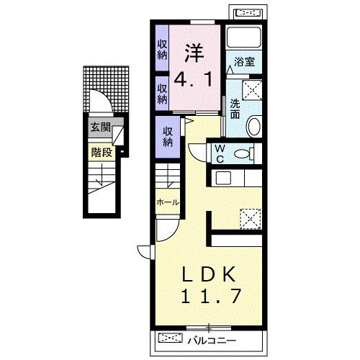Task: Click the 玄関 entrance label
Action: click(100, 127)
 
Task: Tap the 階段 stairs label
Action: click(102, 152)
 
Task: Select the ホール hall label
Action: click(168, 202)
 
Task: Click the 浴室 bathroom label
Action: click(244, 62)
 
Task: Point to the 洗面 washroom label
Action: click(235, 109)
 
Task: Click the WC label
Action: click(220, 154)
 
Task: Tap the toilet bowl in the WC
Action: click(244, 153)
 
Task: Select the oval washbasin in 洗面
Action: click(254, 126)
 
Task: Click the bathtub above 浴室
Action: click(244, 37)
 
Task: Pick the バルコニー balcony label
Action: click(212, 341)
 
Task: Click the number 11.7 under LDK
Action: click(211, 296)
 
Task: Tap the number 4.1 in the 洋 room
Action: click(193, 80)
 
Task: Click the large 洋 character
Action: click(194, 53)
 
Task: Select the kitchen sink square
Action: click(223, 178)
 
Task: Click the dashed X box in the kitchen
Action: click(251, 219)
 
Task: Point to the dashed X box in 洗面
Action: click(252, 90)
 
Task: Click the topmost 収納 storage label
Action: click(162, 50)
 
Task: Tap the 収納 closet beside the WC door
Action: click(168, 137)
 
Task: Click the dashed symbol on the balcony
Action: click(171, 338)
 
